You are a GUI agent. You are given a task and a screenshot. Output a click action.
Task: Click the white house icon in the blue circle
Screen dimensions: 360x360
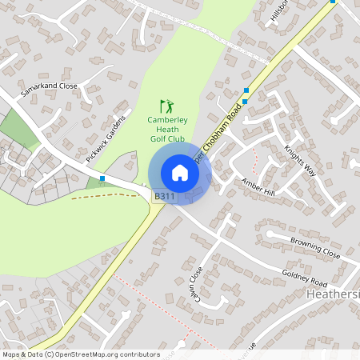[x=180, y=173]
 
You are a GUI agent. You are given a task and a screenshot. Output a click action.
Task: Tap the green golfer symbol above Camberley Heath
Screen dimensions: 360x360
[x=166, y=106]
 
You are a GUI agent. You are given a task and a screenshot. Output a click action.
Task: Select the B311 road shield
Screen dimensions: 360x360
[x=165, y=196]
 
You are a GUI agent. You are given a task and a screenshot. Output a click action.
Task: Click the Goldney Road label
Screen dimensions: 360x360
[x=305, y=275]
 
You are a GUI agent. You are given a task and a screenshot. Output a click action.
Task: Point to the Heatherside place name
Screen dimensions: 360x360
[x=333, y=295]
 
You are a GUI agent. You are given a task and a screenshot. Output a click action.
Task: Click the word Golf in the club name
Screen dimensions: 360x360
[x=158, y=138]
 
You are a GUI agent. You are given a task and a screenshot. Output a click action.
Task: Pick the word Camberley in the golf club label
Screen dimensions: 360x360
[x=167, y=119]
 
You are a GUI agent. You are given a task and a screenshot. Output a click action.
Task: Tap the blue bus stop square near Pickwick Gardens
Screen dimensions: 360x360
[x=102, y=178]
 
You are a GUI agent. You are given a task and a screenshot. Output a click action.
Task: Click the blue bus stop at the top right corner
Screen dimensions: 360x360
[x=333, y=2]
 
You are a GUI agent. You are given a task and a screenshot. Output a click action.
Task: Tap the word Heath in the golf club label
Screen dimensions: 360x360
[x=167, y=129]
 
